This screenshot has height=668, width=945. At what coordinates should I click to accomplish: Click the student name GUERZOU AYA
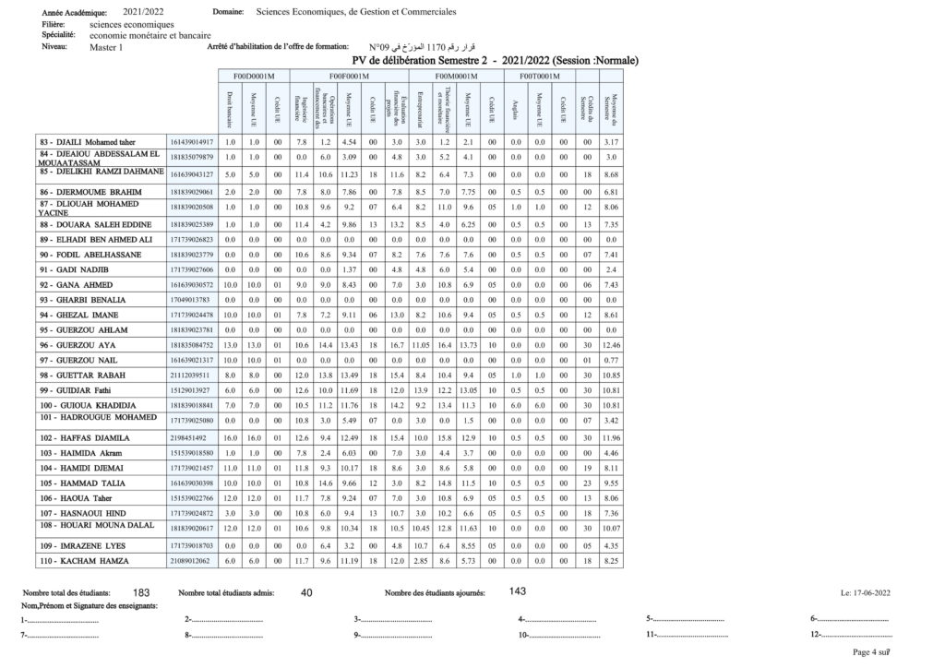pos(87,344)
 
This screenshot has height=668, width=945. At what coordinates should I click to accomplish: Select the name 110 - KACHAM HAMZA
pos(83,560)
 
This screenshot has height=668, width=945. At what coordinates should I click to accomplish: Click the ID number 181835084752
pos(192,344)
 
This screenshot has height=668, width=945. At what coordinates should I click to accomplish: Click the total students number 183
pos(142,592)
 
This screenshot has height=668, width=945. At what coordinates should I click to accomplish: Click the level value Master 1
pos(106,46)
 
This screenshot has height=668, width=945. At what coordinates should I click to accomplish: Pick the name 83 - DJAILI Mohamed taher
pos(87,141)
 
